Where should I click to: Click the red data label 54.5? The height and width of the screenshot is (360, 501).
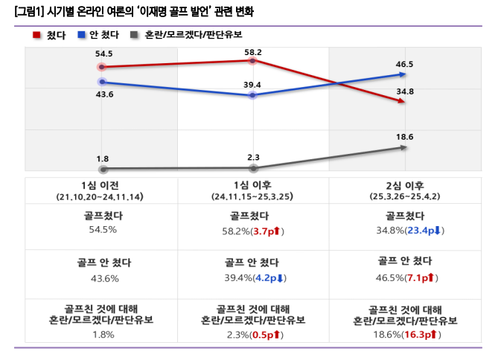103,54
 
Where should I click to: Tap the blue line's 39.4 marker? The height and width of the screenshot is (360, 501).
254,96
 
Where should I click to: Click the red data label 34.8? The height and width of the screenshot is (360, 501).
406,91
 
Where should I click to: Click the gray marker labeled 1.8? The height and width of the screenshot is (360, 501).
103,170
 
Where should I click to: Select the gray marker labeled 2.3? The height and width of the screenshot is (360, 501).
254,169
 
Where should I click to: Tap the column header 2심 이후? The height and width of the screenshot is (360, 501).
404,186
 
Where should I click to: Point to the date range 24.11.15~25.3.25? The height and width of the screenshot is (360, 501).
254,197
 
